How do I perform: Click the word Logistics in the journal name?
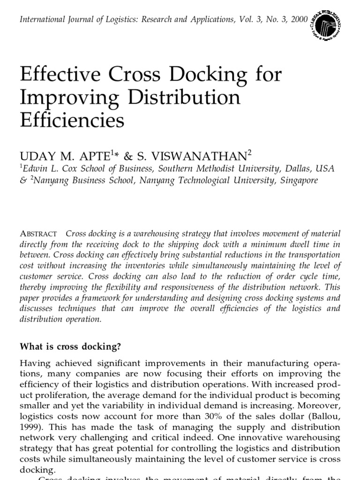click(113, 20)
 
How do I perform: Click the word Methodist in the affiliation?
click(225, 168)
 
